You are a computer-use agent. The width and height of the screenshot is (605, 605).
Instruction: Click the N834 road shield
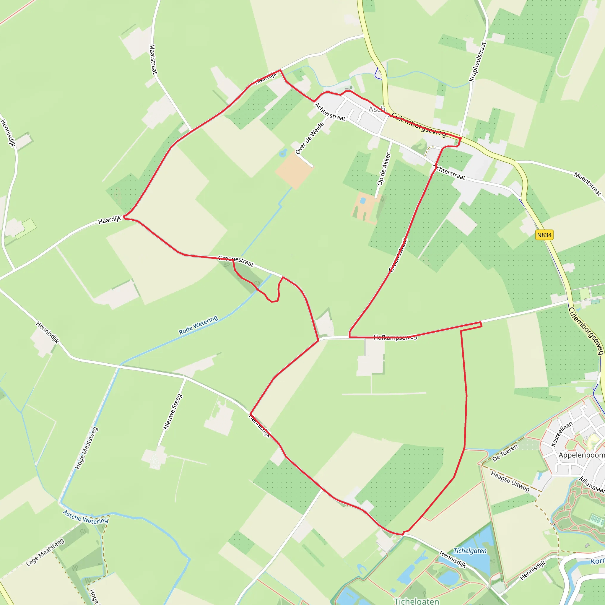[544, 235]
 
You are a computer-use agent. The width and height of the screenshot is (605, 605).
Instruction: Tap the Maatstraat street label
[152, 59]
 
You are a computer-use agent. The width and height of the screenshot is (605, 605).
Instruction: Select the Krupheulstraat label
[477, 62]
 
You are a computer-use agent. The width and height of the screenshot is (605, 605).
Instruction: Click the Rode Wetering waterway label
[198, 325]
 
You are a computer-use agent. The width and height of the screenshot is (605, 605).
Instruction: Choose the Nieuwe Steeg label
[172, 412]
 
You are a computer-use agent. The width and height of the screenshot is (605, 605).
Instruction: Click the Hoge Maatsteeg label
[87, 448]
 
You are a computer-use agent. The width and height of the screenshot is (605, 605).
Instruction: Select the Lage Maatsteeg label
[45, 552]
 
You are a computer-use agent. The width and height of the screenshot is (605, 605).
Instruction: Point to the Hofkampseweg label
[395, 337]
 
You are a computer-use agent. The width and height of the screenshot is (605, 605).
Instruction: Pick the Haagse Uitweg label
[510, 481]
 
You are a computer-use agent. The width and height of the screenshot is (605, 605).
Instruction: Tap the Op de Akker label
[384, 169]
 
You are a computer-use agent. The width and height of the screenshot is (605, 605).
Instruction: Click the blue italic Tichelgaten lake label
[470, 551]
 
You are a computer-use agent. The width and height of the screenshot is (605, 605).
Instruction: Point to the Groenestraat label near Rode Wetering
[236, 261]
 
